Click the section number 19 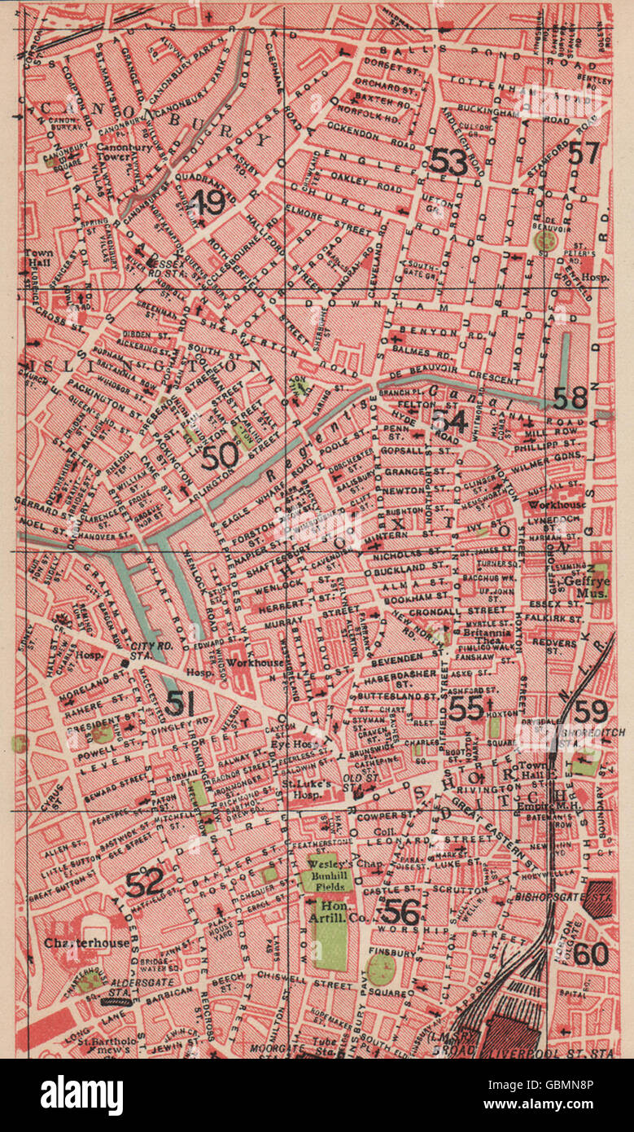(208, 201)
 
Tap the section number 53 (448, 162)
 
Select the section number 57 (584, 152)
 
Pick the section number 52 (144, 880)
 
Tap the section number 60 (592, 953)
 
